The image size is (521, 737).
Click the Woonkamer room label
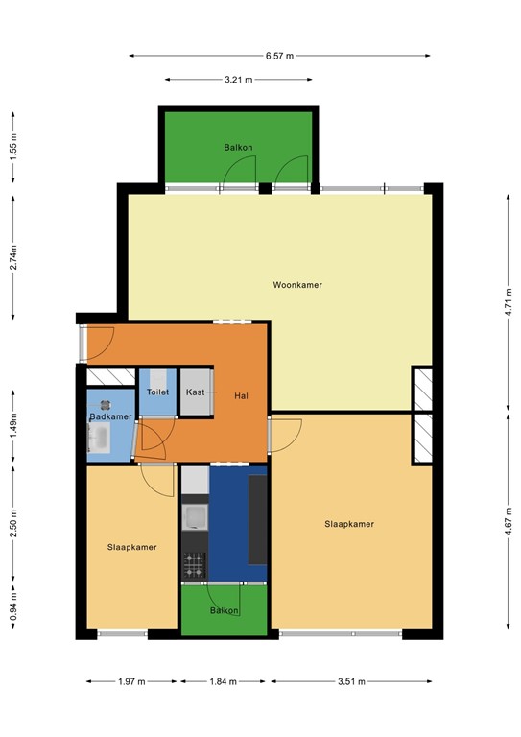(x=297, y=285)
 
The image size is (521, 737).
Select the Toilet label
(x=157, y=393)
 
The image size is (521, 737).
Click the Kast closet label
(x=195, y=392)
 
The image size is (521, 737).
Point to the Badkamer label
(x=110, y=416)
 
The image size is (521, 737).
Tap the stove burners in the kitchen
(x=195, y=565)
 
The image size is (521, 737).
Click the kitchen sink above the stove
(x=196, y=518)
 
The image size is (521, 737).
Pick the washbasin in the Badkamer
(x=99, y=439)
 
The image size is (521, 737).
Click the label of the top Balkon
(x=238, y=148)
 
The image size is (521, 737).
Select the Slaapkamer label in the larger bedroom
(x=349, y=524)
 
